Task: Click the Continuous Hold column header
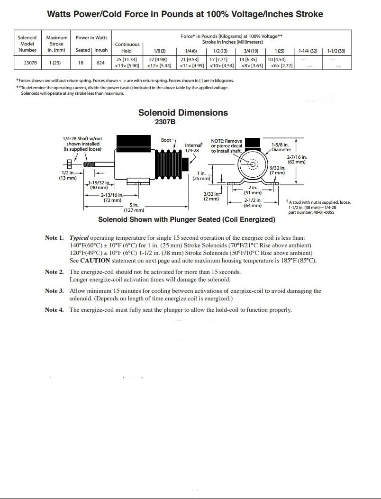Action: (127, 47)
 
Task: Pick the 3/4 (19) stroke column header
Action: (251, 50)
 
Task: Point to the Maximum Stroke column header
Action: (57, 44)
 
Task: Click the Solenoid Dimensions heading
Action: (183, 113)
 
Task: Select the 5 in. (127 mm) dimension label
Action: (134, 207)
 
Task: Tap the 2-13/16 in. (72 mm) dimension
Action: (113, 198)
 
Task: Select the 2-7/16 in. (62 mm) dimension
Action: (297, 159)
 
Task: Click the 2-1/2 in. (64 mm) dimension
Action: (253, 203)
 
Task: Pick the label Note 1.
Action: (54, 238)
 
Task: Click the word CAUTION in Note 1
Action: (95, 261)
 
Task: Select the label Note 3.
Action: (54, 291)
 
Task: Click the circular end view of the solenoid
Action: (252, 164)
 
